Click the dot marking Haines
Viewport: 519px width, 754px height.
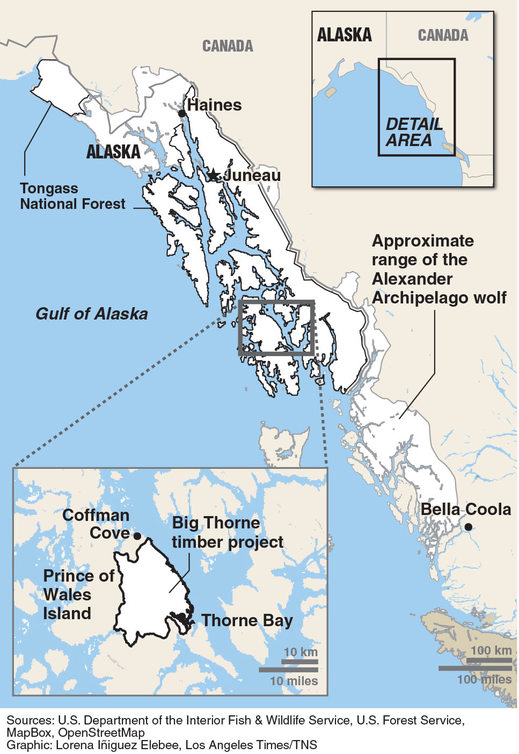pyautogui.click(x=182, y=113)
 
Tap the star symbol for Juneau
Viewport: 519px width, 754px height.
pyautogui.click(x=214, y=175)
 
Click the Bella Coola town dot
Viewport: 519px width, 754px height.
pyautogui.click(x=468, y=527)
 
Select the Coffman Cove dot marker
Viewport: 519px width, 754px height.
pyautogui.click(x=137, y=535)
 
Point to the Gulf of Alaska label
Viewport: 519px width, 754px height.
pyautogui.click(x=92, y=314)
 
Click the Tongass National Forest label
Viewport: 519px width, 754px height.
pyautogui.click(x=72, y=197)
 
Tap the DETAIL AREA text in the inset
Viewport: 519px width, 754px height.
pyautogui.click(x=414, y=132)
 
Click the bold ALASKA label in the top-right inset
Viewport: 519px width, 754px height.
pyautogui.click(x=344, y=35)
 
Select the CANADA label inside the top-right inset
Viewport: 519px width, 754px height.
pyautogui.click(x=443, y=35)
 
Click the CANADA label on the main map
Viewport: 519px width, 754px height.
pyautogui.click(x=227, y=46)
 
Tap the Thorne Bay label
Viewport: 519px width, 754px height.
pyautogui.click(x=247, y=621)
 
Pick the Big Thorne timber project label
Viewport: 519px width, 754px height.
pyautogui.click(x=227, y=532)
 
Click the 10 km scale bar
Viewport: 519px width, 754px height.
pyautogui.click(x=299, y=662)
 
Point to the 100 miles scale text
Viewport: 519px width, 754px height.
pyautogui.click(x=484, y=679)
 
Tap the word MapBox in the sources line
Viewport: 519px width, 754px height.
pyautogui.click(x=30, y=733)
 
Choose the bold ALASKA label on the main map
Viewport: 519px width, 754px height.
pyautogui.click(x=113, y=152)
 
